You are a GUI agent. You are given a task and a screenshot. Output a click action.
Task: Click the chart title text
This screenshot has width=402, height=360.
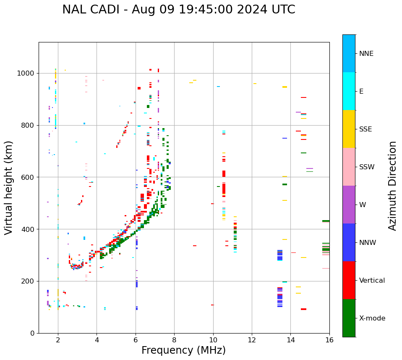click(x=179, y=10)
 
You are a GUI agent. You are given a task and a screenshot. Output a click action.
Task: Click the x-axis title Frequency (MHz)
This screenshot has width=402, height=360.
click(x=183, y=350)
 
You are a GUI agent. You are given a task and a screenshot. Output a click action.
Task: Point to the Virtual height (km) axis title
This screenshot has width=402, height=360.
click(x=9, y=187)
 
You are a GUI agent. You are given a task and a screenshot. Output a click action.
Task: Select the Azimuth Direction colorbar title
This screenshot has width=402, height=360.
click(x=392, y=186)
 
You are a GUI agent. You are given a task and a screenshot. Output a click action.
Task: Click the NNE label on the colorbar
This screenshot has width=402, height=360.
click(x=366, y=54)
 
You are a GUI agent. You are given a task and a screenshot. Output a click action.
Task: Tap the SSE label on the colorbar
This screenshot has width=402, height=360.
click(x=365, y=129)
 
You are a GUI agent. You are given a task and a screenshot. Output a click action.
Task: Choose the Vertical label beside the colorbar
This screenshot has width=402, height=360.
click(x=372, y=281)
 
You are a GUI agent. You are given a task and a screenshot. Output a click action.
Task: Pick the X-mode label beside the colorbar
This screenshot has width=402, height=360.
click(x=372, y=318)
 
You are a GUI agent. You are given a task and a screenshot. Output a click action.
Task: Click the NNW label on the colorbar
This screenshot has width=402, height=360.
click(x=368, y=243)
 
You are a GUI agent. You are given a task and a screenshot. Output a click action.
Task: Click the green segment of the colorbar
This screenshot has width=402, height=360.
click(x=349, y=318)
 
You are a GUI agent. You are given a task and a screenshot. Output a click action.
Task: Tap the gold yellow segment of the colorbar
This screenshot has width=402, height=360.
click(x=349, y=129)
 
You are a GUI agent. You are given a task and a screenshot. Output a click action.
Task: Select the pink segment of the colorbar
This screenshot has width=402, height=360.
click(x=349, y=167)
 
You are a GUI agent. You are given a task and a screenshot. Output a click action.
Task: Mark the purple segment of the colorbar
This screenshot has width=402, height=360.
click(x=349, y=205)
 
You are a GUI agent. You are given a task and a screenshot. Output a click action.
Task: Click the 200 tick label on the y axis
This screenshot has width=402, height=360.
click(x=29, y=281)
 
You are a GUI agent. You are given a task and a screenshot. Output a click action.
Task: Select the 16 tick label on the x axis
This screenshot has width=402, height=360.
click(x=329, y=340)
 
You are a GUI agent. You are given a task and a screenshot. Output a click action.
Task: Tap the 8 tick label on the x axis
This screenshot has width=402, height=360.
click(x=174, y=340)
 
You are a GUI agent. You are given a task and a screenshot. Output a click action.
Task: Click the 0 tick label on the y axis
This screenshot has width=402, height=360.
click(x=33, y=333)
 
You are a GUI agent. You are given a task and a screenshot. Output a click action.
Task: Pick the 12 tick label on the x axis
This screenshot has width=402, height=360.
click(x=252, y=340)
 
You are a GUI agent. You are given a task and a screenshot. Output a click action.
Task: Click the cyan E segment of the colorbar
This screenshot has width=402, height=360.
click(x=349, y=91)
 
